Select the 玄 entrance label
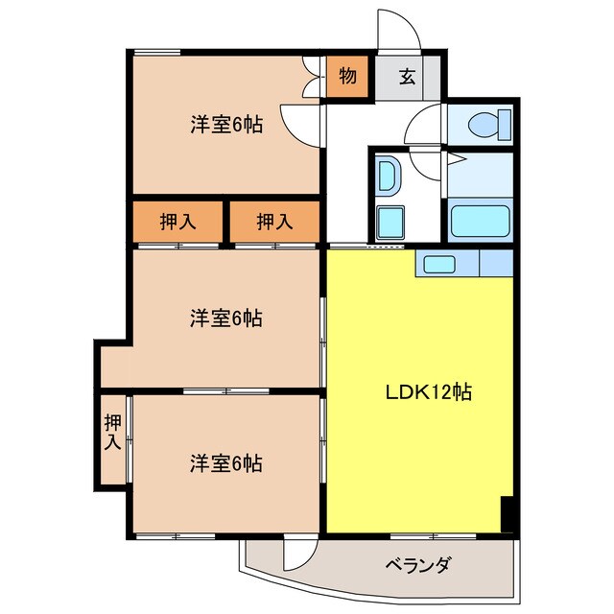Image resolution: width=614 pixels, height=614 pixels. coord(407,78)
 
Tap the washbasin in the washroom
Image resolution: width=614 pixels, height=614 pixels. coord(389,176)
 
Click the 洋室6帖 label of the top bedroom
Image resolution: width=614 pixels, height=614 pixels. coord(226,124)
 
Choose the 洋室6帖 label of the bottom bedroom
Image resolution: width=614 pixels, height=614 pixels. coord(226,463)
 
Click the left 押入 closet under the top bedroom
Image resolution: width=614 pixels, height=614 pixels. coord(177,223)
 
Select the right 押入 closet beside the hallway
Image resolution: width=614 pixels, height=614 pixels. coord(275,223)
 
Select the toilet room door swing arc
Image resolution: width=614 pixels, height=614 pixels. coord(426,126)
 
